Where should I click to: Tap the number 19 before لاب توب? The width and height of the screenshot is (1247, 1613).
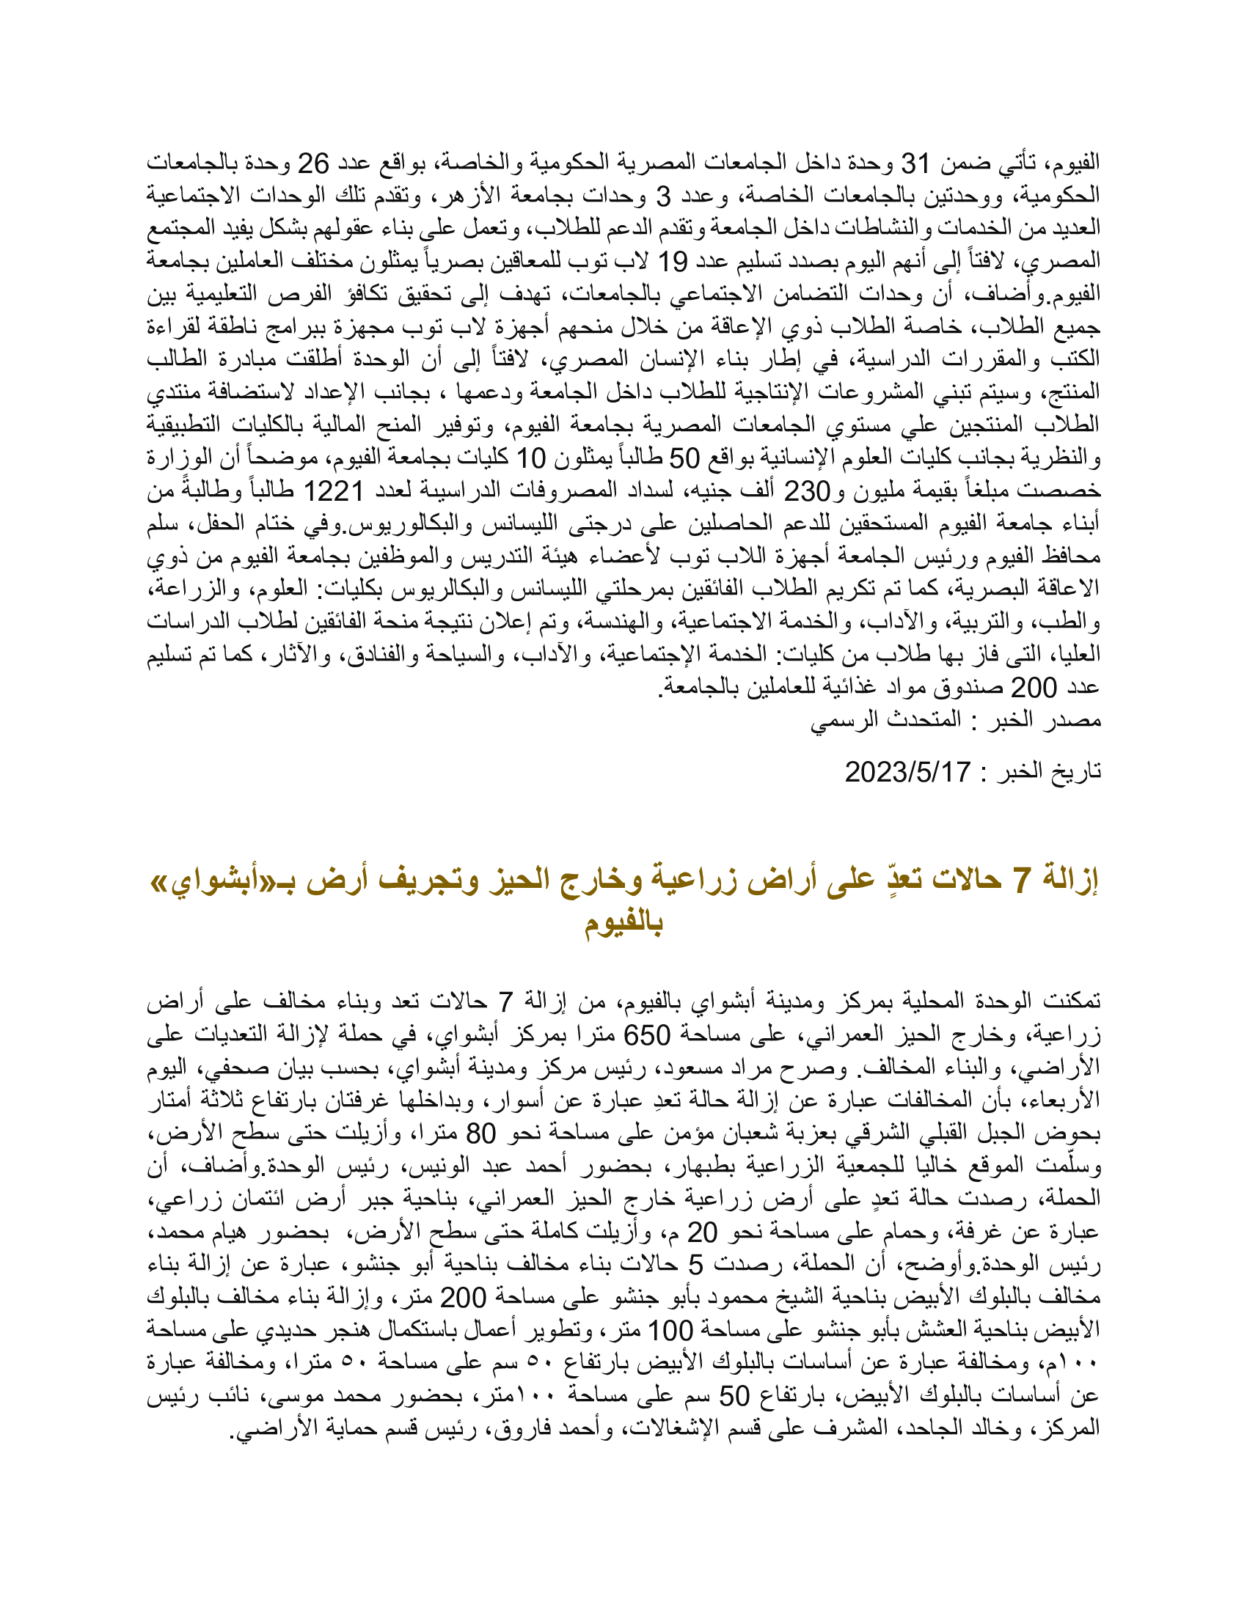[673, 261]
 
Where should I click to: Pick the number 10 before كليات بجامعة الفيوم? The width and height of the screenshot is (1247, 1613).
[530, 458]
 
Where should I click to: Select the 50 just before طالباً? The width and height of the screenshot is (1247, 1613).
[684, 458]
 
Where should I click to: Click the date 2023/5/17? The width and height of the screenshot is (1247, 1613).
[907, 772]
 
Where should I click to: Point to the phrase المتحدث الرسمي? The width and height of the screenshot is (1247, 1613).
[886, 719]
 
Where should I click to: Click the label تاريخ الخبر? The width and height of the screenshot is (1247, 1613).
[1050, 772]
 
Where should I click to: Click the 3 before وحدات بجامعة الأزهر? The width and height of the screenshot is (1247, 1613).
[664, 196]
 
